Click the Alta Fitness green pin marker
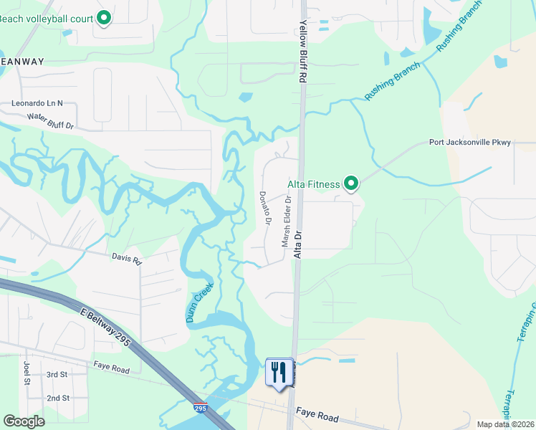click(351, 184)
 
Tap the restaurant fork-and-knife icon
click(279, 372)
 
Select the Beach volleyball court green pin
click(103, 18)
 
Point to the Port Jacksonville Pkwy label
click(469, 142)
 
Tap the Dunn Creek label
click(201, 302)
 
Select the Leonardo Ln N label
click(37, 103)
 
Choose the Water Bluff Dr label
click(51, 120)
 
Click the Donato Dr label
click(264, 208)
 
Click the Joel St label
click(27, 373)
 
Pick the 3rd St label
click(57, 375)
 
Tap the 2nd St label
click(57, 398)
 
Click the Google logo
click(24, 421)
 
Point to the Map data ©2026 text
click(506, 424)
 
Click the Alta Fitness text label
click(313, 184)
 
